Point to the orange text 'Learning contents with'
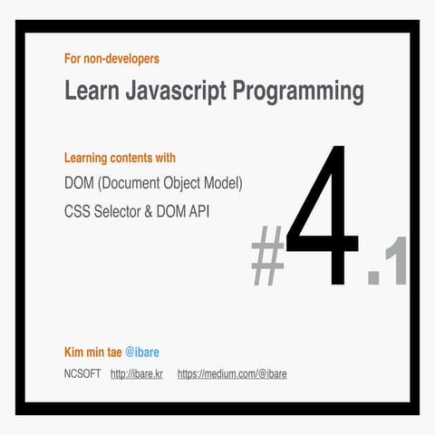point(120,158)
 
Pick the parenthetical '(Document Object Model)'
point(173,183)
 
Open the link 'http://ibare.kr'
point(136,372)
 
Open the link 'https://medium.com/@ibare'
point(232,372)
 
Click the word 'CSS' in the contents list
point(78,210)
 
